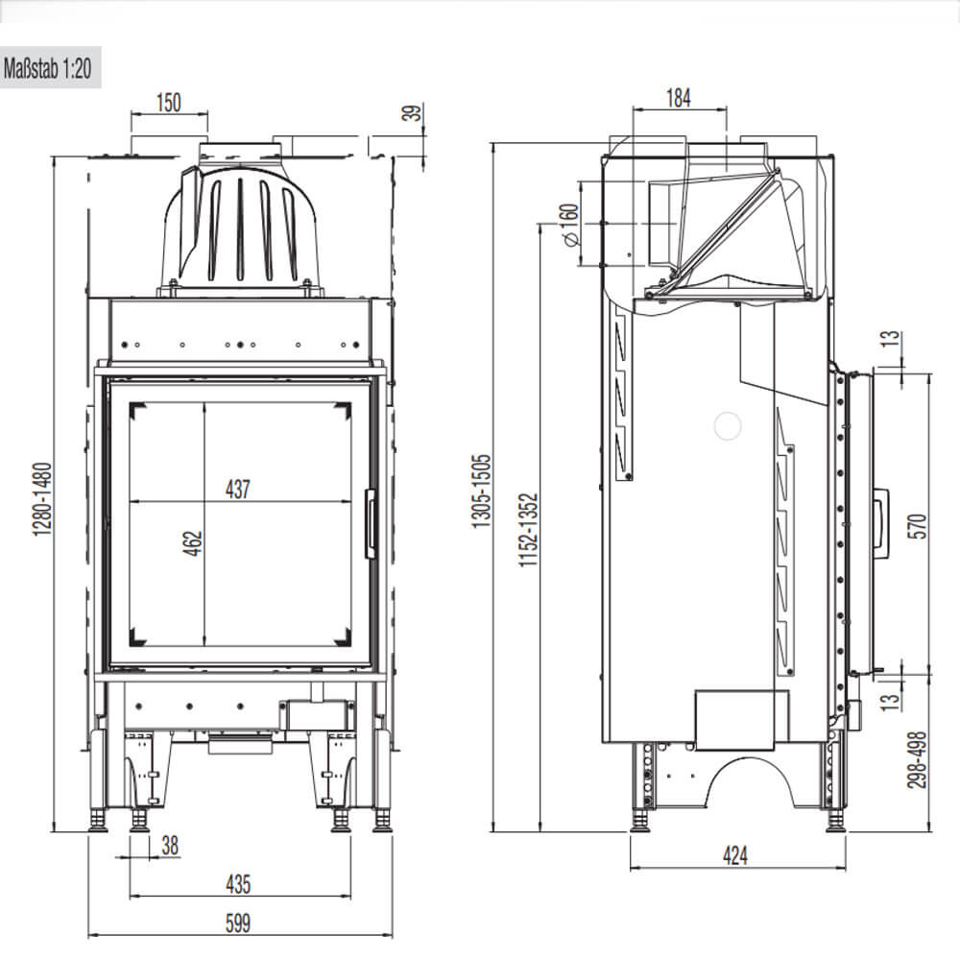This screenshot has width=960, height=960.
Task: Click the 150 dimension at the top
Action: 168,103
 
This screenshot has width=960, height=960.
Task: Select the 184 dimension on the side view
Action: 677,97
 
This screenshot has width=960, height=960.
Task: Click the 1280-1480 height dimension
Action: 41,499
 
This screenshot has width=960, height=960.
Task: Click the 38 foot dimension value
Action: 170,845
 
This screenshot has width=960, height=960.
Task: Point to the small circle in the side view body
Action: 730,425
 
